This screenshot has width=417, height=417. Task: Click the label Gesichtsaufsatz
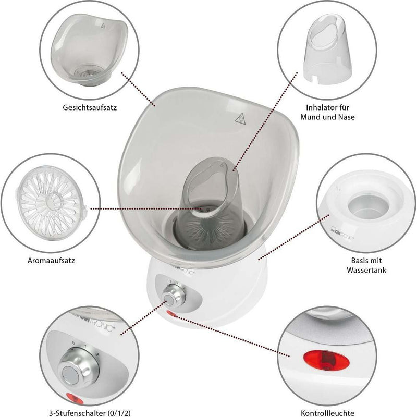pyautogui.click(x=90, y=108)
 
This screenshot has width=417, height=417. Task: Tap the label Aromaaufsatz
pyautogui.click(x=51, y=260)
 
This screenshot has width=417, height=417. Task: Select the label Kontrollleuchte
pyautogui.click(x=327, y=413)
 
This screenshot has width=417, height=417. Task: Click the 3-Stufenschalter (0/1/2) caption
pyautogui.click(x=90, y=413)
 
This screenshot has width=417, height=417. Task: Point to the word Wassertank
pyautogui.click(x=366, y=270)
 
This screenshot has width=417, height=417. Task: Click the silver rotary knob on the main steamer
pyautogui.click(x=173, y=296)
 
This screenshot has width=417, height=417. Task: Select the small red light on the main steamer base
pyautogui.click(x=171, y=314)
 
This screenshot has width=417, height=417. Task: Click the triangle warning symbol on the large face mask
pyautogui.click(x=240, y=119)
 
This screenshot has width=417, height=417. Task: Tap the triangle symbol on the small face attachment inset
pyautogui.click(x=103, y=26)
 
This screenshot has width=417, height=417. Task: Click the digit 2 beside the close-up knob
pyautogui.click(x=97, y=354)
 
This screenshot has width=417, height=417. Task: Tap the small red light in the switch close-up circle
pyautogui.click(x=75, y=399)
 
